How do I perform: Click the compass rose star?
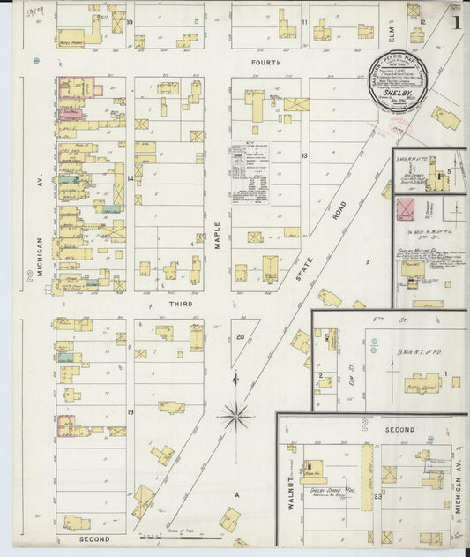236,412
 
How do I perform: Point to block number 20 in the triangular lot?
240,336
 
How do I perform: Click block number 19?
130,412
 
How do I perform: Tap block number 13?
303,155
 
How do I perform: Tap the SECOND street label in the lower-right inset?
399,429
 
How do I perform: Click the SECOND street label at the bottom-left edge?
93,538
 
